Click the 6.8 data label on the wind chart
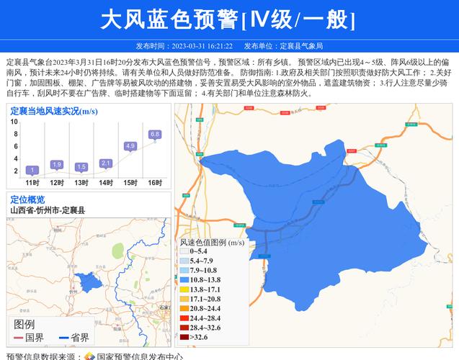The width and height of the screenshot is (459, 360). pyautogui.click(x=155, y=134)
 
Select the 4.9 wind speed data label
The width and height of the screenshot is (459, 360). pyautogui.click(x=130, y=146)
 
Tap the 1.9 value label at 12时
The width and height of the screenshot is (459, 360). pyautogui.click(x=57, y=164)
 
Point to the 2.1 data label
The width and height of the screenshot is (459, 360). pyautogui.click(x=106, y=163)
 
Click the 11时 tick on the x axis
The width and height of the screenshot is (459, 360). pyautogui.click(x=32, y=183)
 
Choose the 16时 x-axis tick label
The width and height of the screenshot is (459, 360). pyautogui.click(x=155, y=183)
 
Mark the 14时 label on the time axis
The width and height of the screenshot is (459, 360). pyautogui.click(x=106, y=183)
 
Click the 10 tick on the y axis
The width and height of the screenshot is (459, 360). pyautogui.click(x=14, y=122)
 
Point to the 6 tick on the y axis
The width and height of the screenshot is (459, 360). pyautogui.click(x=14, y=146)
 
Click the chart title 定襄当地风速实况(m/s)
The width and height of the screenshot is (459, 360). pyautogui.click(x=54, y=111)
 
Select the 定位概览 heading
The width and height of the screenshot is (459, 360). pyautogui.click(x=27, y=199)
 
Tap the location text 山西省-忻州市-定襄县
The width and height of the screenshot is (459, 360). pyautogui.click(x=48, y=210)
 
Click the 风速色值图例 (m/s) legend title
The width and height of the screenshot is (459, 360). pyautogui.click(x=212, y=243)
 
